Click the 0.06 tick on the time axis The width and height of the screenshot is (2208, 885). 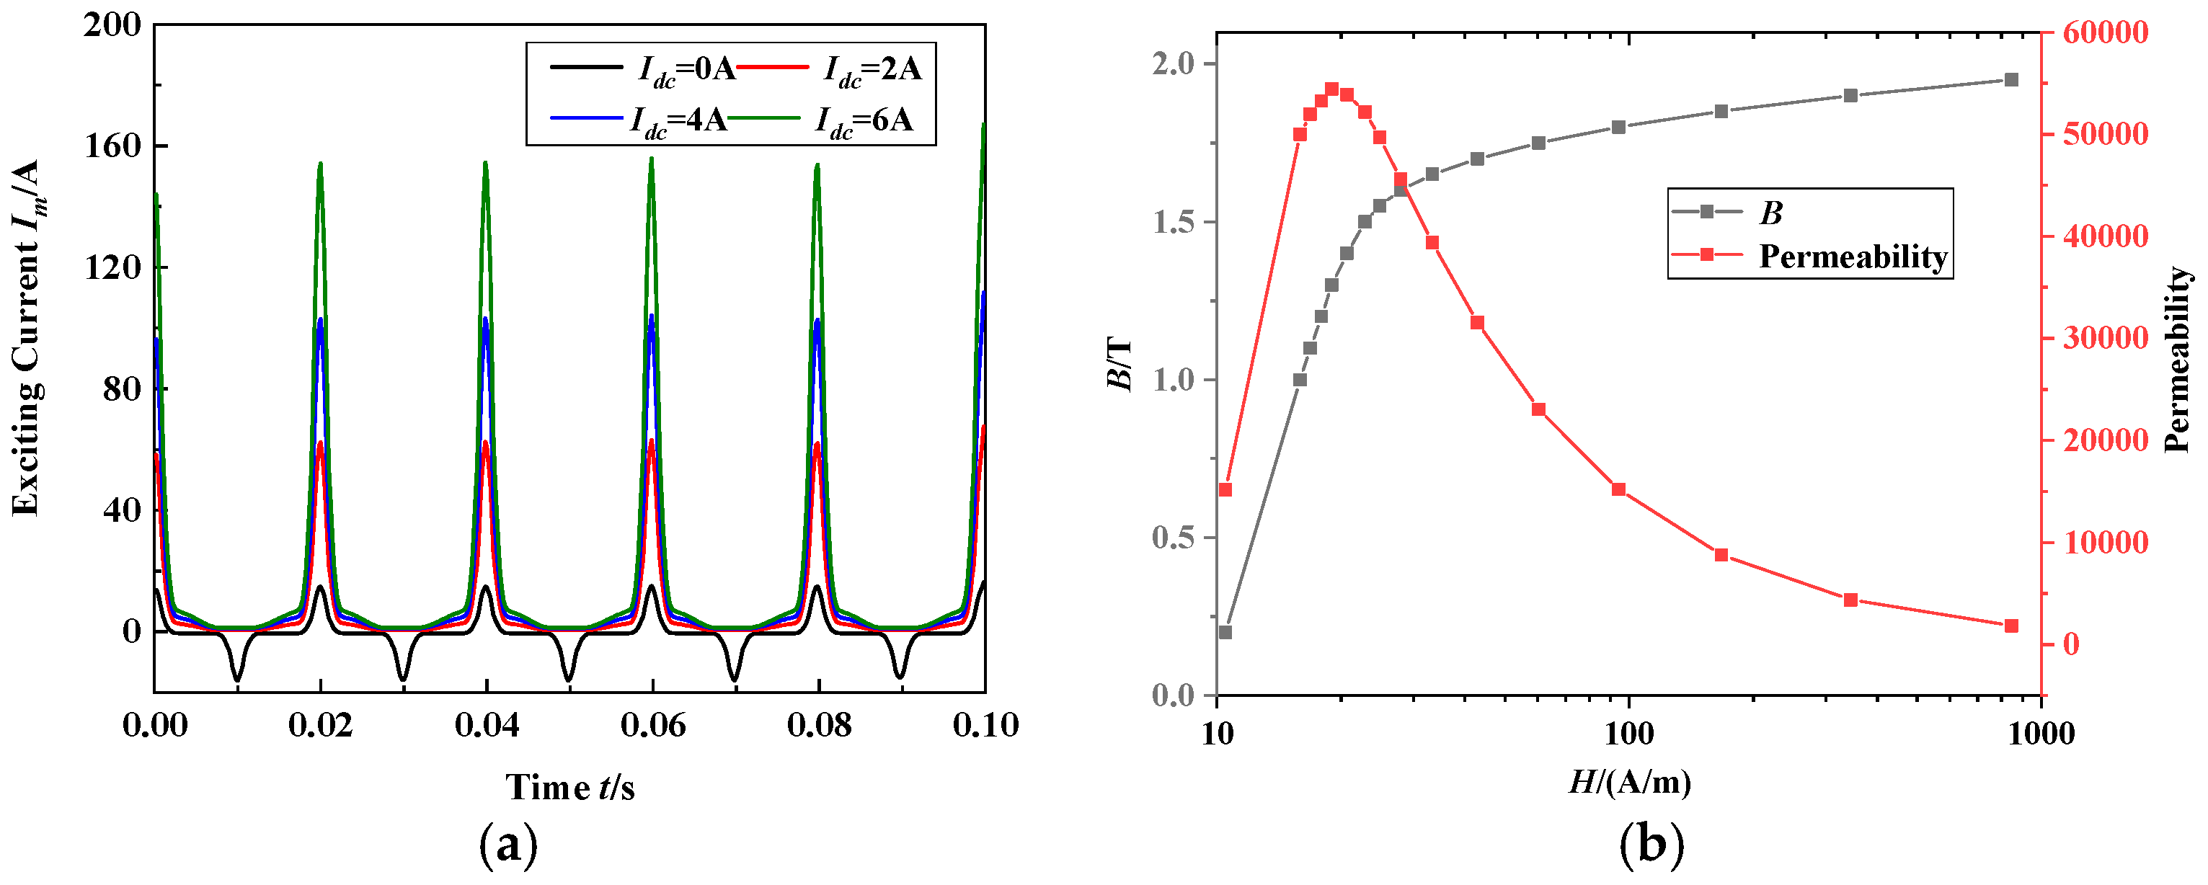pos(652,726)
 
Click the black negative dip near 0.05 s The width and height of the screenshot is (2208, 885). pos(568,679)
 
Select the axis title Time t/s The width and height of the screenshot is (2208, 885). pos(570,786)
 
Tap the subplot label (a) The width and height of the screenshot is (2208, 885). pos(508,845)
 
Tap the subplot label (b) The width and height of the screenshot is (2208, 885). pos(1651,845)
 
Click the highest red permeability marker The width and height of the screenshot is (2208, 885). pos(1332,89)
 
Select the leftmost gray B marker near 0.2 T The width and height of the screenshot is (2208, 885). pos(1225,632)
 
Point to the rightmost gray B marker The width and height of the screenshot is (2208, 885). pos(2012,80)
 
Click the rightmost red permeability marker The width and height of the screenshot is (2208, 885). pos(2012,626)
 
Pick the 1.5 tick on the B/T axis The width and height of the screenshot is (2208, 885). pos(1174,222)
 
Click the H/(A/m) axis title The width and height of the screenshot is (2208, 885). pos(1629,781)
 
